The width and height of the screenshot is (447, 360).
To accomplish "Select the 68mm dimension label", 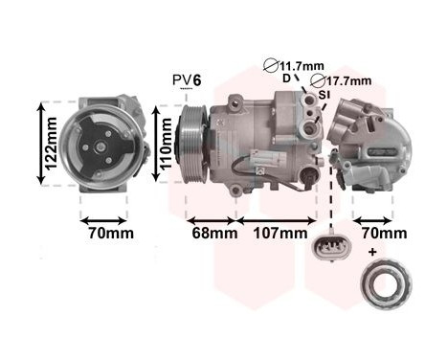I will point(212,233).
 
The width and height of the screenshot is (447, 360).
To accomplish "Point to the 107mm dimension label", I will point(282,233).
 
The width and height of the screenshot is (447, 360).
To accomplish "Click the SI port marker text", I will point(324,96).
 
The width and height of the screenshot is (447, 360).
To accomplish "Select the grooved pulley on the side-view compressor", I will point(192,144).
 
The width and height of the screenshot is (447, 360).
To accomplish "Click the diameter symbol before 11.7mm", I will point(272,66).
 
